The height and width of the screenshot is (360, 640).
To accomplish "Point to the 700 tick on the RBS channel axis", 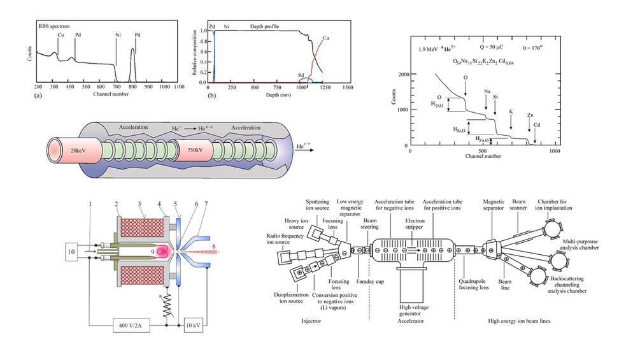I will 117,87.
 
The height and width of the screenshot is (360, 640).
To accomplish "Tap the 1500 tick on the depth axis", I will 347,87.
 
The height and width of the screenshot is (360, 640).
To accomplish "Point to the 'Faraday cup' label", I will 368,278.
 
